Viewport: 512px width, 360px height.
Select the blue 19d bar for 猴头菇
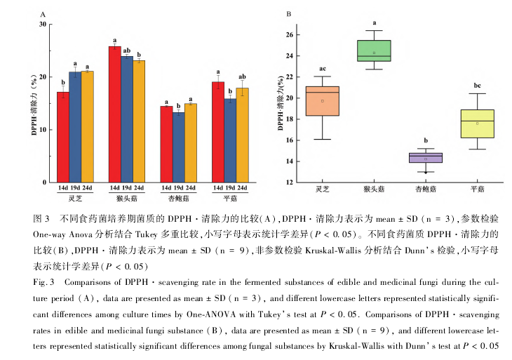[x=126, y=119]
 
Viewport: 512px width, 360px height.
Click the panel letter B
[x=289, y=14]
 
